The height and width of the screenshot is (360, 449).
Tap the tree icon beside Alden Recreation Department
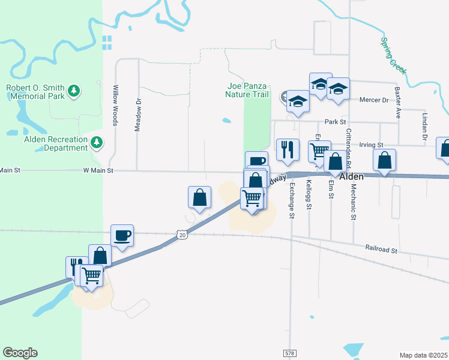coord(97,143)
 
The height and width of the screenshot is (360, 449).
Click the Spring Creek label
coord(394,56)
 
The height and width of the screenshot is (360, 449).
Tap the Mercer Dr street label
coord(374,100)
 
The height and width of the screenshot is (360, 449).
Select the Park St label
coord(336,122)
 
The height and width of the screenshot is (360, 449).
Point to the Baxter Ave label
coord(397,102)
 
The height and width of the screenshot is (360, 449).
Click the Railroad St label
coord(382,247)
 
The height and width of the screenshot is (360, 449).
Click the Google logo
coord(20,353)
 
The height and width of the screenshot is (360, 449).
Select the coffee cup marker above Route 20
coord(122,235)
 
